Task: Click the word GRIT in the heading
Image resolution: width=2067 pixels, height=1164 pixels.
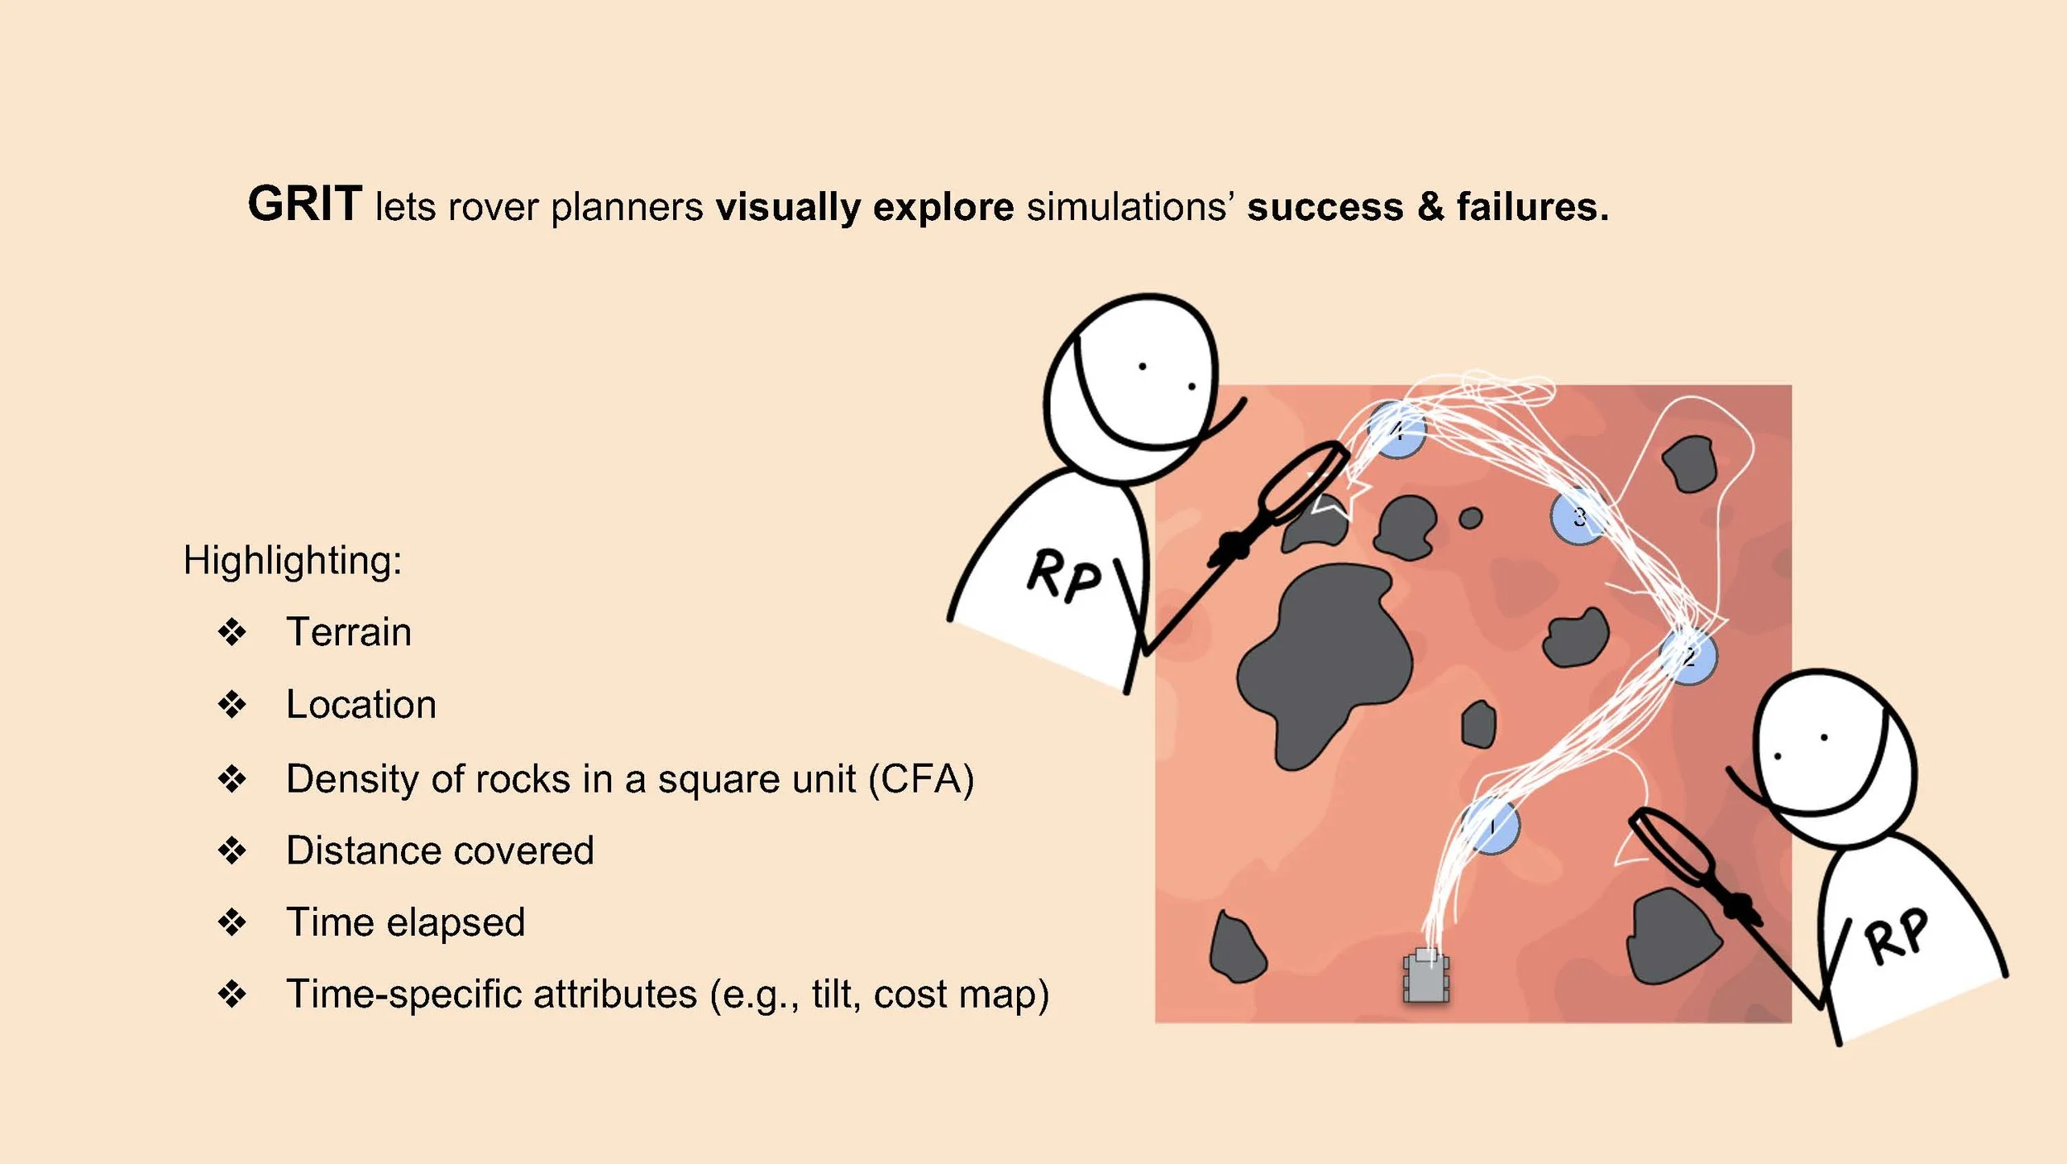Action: (x=304, y=204)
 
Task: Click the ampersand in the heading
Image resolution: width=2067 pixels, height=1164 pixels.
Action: (x=1430, y=206)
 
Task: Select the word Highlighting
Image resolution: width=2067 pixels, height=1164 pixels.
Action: (x=292, y=560)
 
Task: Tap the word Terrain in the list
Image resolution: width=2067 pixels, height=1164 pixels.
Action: (x=348, y=632)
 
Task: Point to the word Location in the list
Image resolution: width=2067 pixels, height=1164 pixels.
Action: (x=360, y=705)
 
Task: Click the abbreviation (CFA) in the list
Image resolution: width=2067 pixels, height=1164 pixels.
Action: (x=921, y=778)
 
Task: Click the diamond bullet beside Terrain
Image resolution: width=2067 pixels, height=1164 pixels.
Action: (x=232, y=633)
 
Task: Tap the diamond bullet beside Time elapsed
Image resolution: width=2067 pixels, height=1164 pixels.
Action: (x=232, y=922)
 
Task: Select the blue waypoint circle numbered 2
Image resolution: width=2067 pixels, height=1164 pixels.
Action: (x=1688, y=656)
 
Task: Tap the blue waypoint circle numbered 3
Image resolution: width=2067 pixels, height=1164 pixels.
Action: (x=1578, y=517)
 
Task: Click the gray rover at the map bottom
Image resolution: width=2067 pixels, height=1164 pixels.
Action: (x=1426, y=977)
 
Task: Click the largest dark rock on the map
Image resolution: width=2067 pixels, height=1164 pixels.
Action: (x=1323, y=662)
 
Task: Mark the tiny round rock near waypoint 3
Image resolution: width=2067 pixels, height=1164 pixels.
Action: (x=1471, y=519)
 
